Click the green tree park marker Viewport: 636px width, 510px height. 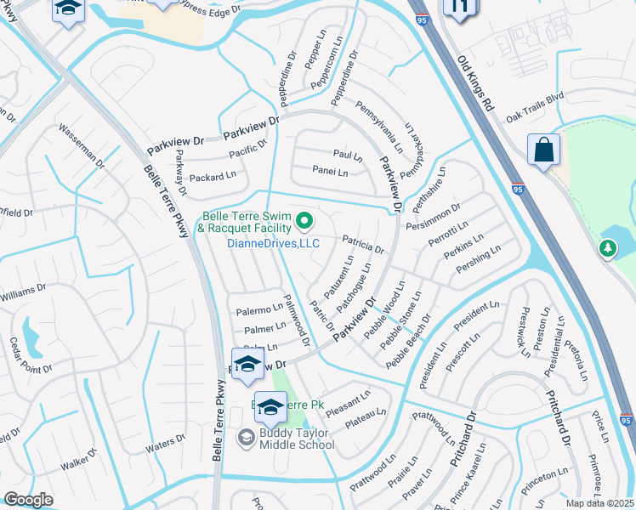[x=608, y=248]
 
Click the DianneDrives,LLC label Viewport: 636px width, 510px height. [x=272, y=243]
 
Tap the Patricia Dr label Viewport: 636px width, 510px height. [x=364, y=245]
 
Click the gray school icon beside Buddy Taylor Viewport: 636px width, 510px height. [x=247, y=438]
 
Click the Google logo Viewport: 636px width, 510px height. [x=28, y=500]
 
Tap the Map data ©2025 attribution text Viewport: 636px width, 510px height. [x=599, y=503]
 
